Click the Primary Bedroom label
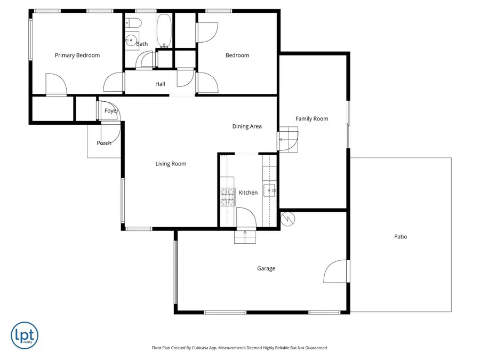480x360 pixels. click(x=77, y=55)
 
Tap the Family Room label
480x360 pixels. click(x=312, y=119)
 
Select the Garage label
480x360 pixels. click(x=266, y=269)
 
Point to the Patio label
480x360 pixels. click(x=401, y=237)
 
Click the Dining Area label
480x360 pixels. click(x=247, y=126)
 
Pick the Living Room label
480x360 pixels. click(x=171, y=164)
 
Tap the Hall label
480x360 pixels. click(x=160, y=84)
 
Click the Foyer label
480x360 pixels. click(x=111, y=111)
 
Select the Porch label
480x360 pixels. click(x=104, y=143)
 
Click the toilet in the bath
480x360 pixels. click(x=133, y=23)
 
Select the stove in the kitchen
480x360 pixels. click(x=228, y=197)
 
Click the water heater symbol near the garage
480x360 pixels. click(x=287, y=218)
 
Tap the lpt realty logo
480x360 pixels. click(x=25, y=335)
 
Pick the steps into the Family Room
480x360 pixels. click(x=289, y=140)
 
